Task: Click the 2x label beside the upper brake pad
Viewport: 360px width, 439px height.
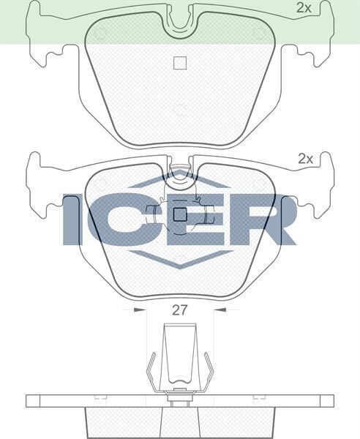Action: (x=304, y=8)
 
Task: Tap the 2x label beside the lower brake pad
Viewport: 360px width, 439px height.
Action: (x=305, y=158)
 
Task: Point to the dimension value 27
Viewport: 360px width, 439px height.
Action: (x=179, y=309)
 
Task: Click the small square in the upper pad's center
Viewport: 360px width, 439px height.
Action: (x=179, y=63)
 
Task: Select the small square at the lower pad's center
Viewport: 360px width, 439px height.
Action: (x=179, y=214)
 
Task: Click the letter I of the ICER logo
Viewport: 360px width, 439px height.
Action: (x=72, y=219)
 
